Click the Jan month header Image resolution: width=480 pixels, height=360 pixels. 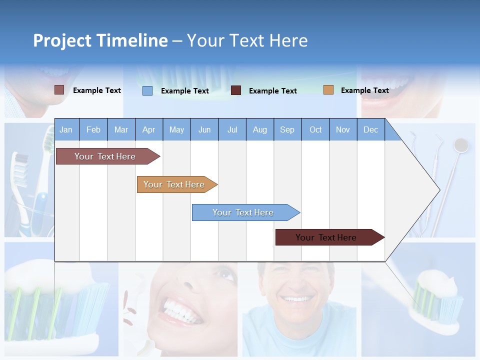coord(66,130)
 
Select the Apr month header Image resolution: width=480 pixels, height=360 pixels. coord(148,130)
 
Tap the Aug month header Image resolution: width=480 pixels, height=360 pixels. coord(259,130)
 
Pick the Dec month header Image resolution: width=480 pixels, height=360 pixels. coord(370,130)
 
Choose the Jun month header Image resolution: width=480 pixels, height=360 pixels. coord(204,130)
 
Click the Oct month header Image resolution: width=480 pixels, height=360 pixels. coord(315,130)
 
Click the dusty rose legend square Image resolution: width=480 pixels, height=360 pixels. coord(59,90)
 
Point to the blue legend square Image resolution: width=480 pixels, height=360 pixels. coord(147,90)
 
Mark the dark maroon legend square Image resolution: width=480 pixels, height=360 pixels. coord(236,90)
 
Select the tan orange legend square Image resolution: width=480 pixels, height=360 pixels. coord(328,90)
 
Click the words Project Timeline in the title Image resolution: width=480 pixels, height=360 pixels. coord(100,40)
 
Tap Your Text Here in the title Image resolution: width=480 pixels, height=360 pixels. coord(247,40)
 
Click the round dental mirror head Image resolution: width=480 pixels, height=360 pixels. coord(461,145)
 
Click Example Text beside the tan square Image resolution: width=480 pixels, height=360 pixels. coord(364,90)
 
